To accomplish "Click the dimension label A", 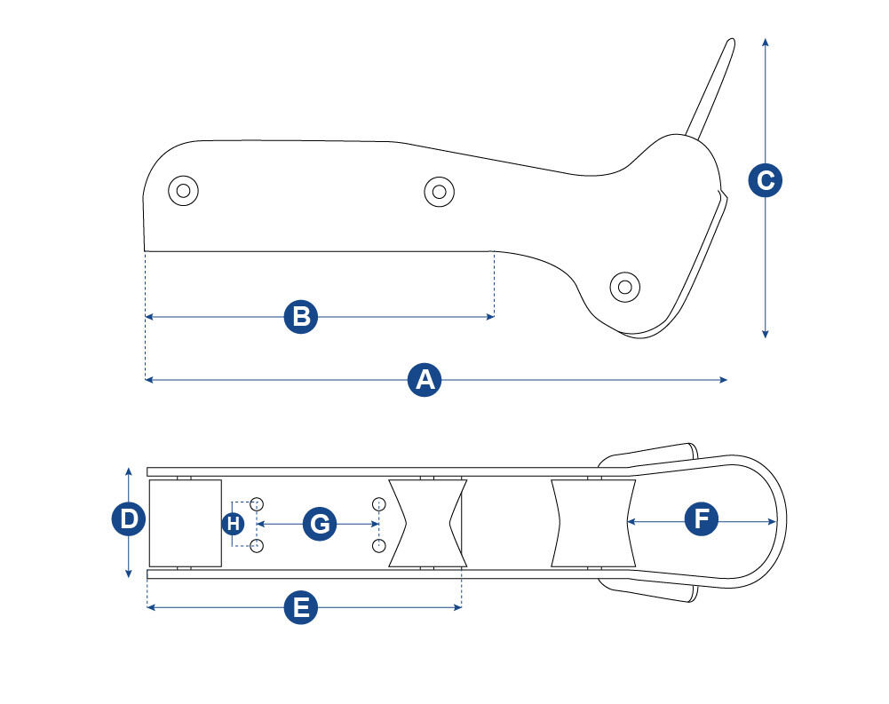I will pos(425,380).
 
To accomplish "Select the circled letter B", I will pos(301,317).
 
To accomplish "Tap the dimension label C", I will pos(764,180).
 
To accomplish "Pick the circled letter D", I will pos(130,519).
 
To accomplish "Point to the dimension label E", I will pos(301,608).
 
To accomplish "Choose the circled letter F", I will pos(702,519).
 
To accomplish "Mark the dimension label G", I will pos(319,524).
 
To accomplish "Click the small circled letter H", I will pos(233,524).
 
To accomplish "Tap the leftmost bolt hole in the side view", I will pos(184,190).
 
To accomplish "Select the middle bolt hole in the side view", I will pos(439,191).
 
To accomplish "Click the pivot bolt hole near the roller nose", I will pos(625,286).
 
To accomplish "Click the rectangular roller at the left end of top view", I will pos(185,523).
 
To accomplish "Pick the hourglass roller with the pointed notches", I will pos(427,523).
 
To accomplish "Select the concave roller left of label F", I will pos(593,523).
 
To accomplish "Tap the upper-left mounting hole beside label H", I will pos(257,504).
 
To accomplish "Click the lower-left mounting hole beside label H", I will pos(257,544).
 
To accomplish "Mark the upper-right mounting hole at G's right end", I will pos(379,504).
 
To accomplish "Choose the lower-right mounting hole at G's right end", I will pos(379,544).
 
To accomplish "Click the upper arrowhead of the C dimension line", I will pos(765,42).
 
